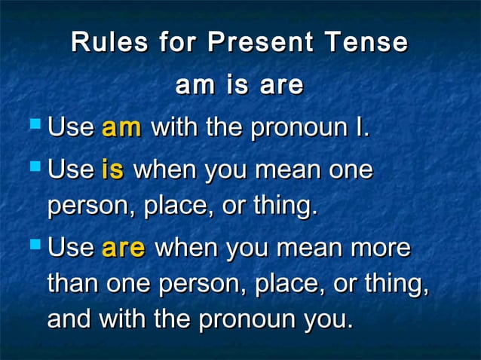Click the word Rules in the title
109,42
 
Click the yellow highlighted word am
121,127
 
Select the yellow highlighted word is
112,169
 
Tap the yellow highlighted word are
123,248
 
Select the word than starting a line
73,284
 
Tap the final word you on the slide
326,320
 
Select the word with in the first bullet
176,127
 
